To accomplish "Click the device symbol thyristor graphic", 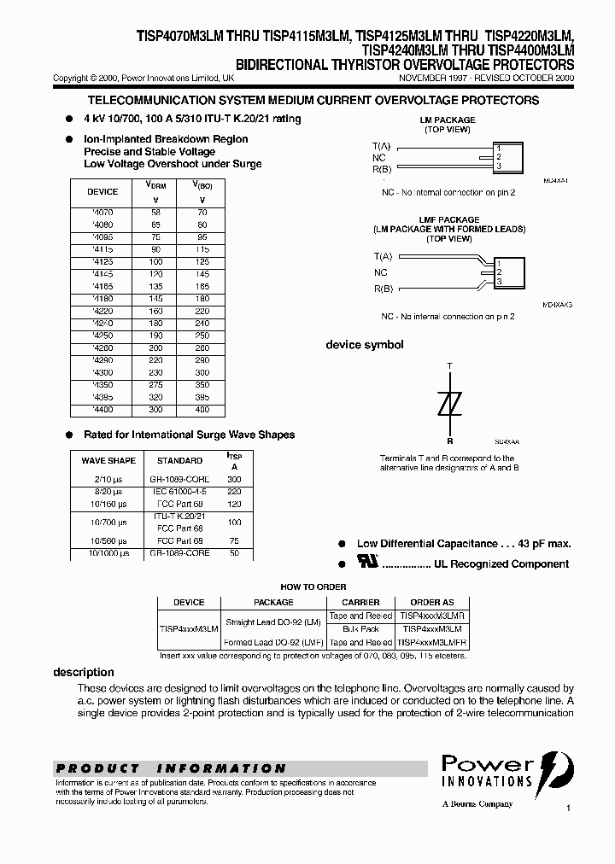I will pos(449,402).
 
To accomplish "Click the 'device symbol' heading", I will pos(365,345).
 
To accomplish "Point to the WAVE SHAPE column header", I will pos(108,460).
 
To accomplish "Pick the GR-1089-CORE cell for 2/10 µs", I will pos(179,481).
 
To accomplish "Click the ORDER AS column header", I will pos(431,602).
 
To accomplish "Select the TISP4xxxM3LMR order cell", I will pos(431,615).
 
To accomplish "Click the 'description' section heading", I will pos(84,672).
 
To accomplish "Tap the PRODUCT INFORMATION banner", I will pos(171,768).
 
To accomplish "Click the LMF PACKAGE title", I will pos(449,219).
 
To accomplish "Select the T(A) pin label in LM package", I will pos(382,147).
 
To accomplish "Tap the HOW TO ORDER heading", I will pos(313,587).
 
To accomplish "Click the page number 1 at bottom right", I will pos(568,807).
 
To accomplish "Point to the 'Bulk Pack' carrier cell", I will pos(360,628).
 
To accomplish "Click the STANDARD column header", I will pos(179,460).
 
